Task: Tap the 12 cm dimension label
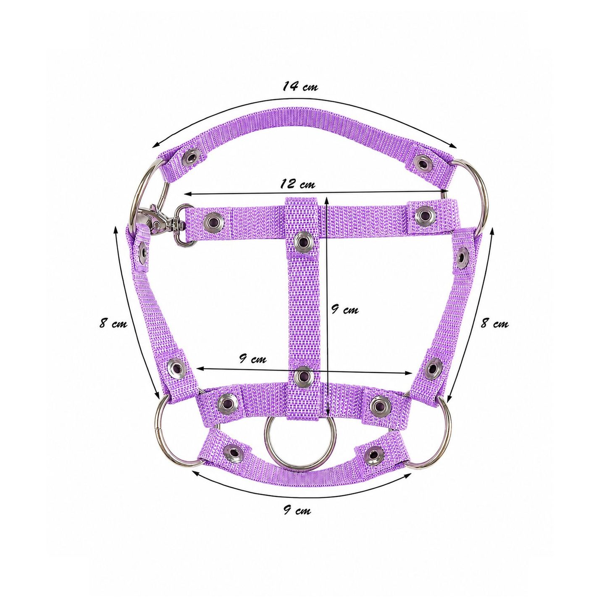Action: pyautogui.click(x=297, y=184)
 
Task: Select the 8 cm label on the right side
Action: pyautogui.click(x=494, y=323)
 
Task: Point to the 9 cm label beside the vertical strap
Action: pyautogui.click(x=344, y=310)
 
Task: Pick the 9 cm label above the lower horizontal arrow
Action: pyautogui.click(x=252, y=359)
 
